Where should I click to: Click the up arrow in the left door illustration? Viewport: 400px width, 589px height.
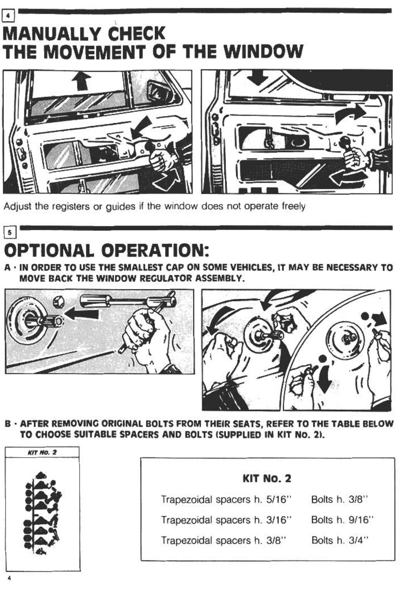click(82, 81)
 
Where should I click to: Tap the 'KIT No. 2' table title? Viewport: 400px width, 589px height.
click(267, 478)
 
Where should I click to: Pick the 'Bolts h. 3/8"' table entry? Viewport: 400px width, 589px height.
click(340, 500)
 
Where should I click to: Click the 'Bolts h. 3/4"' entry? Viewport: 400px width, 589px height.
click(340, 540)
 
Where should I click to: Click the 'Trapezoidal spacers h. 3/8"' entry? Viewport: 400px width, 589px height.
click(224, 540)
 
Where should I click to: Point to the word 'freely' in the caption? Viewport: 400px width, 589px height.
click(293, 206)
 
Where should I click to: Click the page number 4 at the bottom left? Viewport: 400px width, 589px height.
click(9, 579)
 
